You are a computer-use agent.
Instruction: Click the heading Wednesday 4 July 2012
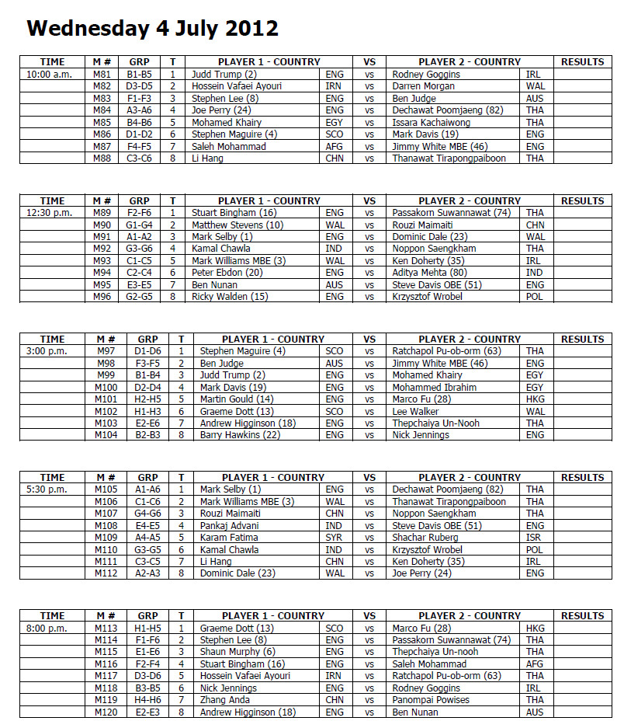coord(152,29)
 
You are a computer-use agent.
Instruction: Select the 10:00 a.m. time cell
coord(48,75)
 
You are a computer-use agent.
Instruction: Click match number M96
coord(102,297)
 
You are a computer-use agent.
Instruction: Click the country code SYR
coord(335,538)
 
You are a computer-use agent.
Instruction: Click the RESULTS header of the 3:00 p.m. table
coord(582,340)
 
